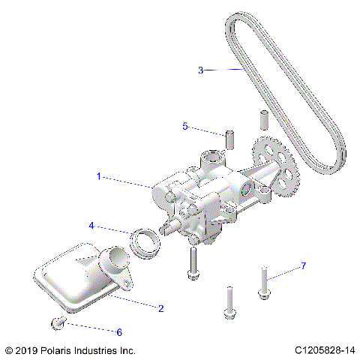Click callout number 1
(x=98, y=176)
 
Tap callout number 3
(x=201, y=70)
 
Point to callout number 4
(x=91, y=225)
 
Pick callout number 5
(x=185, y=127)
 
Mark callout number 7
(x=304, y=266)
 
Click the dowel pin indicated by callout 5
(x=232, y=140)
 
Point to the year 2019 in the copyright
(x=27, y=350)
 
